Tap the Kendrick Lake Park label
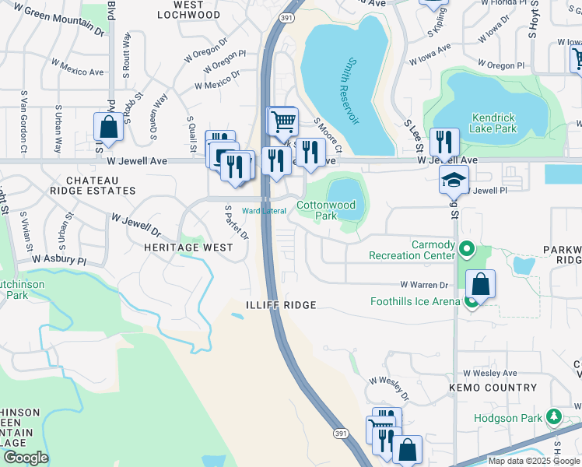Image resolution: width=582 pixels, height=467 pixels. pos(504,123)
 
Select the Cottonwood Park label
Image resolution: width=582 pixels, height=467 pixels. pos(326,210)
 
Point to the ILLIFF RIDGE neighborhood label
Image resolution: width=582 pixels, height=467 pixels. pos(281,305)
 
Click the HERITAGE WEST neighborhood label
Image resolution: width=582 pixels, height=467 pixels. pos(188,247)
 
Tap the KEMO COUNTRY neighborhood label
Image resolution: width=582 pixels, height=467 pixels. pos(493,387)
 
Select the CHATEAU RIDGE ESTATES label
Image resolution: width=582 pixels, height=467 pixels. pos(93,184)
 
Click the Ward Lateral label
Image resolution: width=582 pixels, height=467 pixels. pos(264,211)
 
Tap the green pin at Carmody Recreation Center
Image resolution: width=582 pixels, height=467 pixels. pos(466,250)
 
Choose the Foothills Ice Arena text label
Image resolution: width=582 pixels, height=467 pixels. pos(413,301)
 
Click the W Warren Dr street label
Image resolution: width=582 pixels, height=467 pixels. pos(425,286)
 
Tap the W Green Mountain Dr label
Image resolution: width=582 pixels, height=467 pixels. pos(58,22)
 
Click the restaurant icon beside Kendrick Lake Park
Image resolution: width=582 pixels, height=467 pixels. pos(444,142)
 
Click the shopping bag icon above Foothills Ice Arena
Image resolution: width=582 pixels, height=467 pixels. pos(482,284)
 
